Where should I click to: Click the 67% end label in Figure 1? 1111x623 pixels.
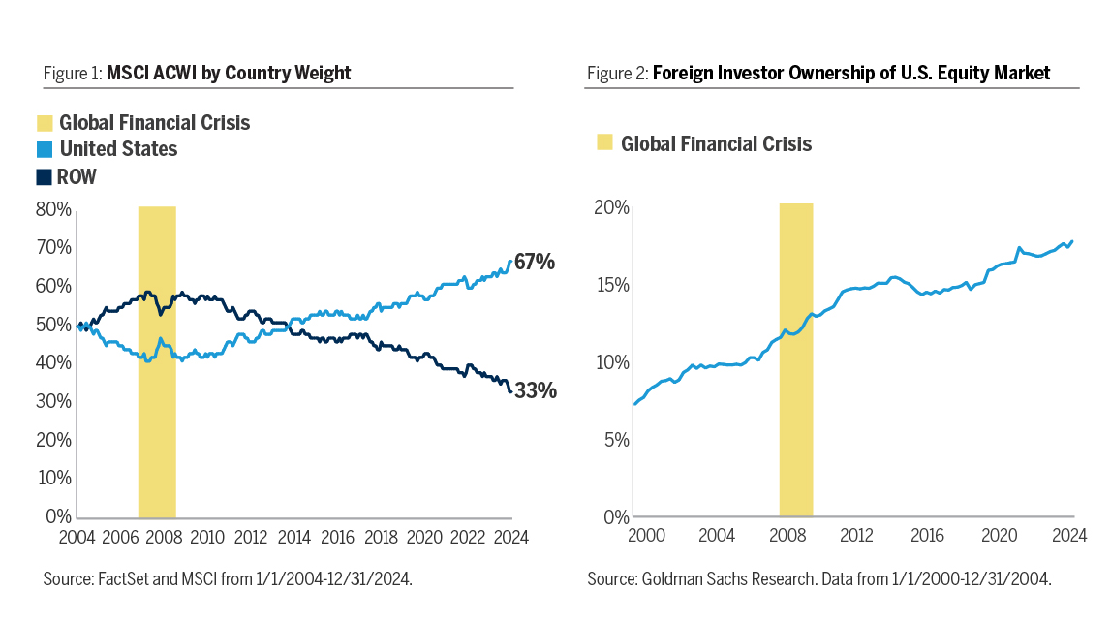click(535, 262)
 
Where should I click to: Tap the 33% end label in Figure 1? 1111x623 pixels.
click(535, 390)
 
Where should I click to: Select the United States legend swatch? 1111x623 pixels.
click(44, 149)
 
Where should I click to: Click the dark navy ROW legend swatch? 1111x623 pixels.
click(44, 176)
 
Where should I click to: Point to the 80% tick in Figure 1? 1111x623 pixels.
click(53, 209)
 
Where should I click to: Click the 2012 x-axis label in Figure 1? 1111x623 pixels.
click(250, 537)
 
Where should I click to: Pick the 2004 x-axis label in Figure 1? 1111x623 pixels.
click(76, 537)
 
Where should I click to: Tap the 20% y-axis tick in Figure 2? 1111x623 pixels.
click(612, 208)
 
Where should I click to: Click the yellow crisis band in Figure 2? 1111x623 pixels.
click(796, 358)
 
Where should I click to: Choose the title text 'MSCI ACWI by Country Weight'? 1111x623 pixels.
click(229, 73)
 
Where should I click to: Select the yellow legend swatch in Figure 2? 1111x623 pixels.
click(604, 143)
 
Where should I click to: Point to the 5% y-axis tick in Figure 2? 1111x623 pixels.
click(616, 440)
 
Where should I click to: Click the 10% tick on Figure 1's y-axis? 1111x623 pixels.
click(53, 478)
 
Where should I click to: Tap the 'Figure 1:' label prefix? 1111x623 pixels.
click(73, 73)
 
